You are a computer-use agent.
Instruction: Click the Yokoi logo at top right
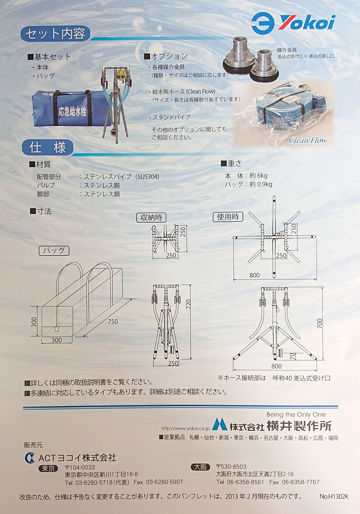pyautogui.click(x=293, y=22)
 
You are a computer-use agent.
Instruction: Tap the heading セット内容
pyautogui.click(x=55, y=34)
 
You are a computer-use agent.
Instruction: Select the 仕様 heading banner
pyautogui.click(x=48, y=148)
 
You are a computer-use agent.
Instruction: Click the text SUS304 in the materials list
pyautogui.click(x=148, y=177)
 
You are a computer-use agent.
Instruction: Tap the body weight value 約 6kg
pyautogui.click(x=258, y=176)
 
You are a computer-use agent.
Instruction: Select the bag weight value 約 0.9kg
pyautogui.click(x=261, y=184)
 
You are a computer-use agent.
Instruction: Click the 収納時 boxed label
pyautogui.click(x=151, y=217)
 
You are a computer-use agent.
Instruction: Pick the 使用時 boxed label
pyautogui.click(x=228, y=217)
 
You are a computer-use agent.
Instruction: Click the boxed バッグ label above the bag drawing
pyautogui.click(x=54, y=250)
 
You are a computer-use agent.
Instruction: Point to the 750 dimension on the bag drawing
pyautogui.click(x=113, y=321)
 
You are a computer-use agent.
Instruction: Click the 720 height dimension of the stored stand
pyautogui.click(x=188, y=304)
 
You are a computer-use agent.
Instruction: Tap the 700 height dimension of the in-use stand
pyautogui.click(x=319, y=323)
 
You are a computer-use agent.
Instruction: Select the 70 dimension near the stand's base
pyautogui.click(x=292, y=356)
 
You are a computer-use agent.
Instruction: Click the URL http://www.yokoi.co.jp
pyautogui.click(x=185, y=429)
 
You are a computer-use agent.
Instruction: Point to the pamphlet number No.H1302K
pyautogui.click(x=334, y=497)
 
